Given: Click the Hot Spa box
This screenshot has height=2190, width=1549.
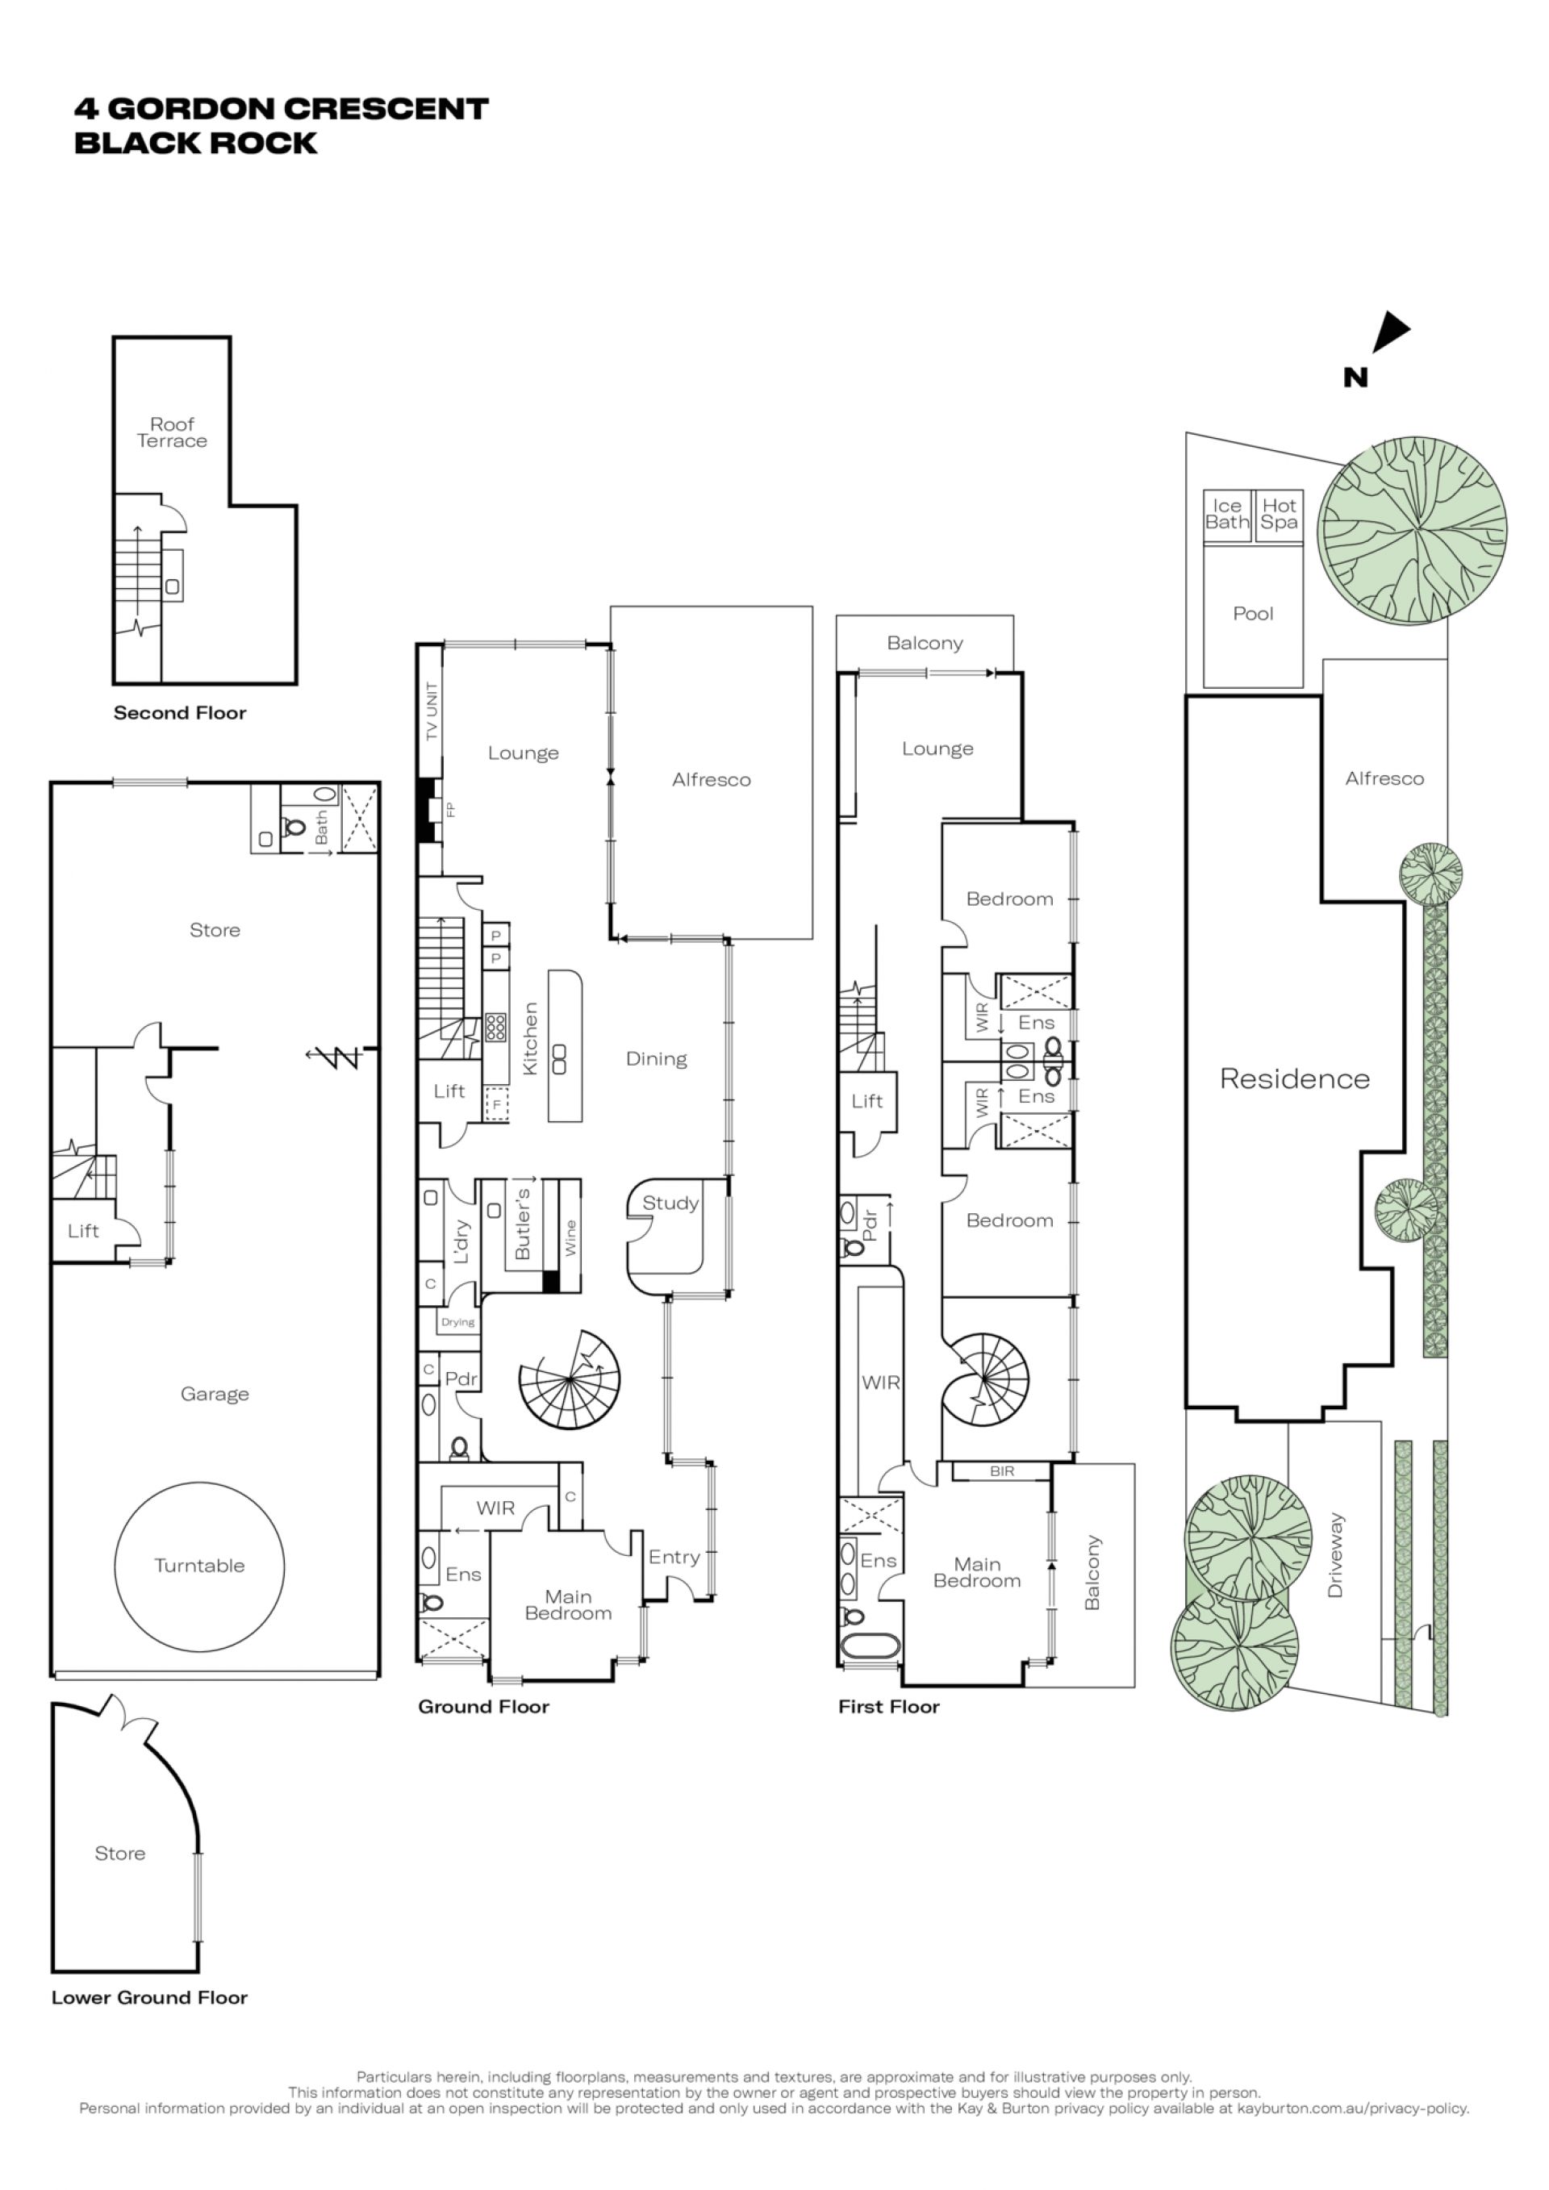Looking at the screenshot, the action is tap(1279, 516).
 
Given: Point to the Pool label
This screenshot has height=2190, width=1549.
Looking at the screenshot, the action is tap(1253, 613).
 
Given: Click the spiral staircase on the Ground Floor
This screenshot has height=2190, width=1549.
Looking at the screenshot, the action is tap(570, 1379).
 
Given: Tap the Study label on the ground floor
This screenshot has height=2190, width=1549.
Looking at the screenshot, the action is tap(670, 1203).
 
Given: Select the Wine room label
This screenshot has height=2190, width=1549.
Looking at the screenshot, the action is tap(570, 1237).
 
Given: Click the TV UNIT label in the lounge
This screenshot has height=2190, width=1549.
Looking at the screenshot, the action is tap(432, 711).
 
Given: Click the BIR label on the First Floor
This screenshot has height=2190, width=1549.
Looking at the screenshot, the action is tap(1001, 1472).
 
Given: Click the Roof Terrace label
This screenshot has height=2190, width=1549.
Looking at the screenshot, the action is tap(172, 432).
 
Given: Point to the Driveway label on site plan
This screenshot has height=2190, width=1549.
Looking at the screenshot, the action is tap(1334, 1554).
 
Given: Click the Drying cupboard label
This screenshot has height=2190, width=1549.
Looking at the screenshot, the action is tap(457, 1322).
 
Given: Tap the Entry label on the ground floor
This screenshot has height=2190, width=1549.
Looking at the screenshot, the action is tap(674, 1557).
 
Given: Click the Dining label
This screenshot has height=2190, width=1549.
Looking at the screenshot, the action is tap(656, 1059).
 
